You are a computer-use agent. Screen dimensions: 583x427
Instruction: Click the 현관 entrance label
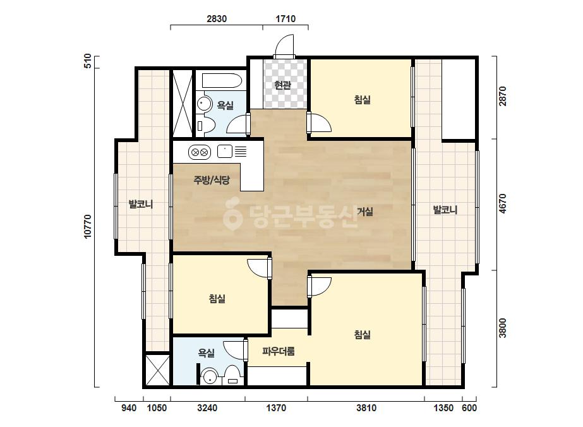(x=282, y=85)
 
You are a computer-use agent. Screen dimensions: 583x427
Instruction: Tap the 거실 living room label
(x=364, y=212)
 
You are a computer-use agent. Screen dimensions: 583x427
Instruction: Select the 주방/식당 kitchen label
(x=212, y=180)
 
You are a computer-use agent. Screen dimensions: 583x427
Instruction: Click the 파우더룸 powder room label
(x=279, y=351)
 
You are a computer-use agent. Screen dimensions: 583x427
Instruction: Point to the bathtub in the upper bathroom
(x=222, y=80)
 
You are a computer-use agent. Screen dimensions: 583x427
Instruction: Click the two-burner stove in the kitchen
(x=200, y=152)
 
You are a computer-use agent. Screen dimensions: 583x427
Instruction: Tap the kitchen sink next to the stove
(x=225, y=152)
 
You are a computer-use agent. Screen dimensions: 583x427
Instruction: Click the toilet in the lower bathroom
(x=232, y=375)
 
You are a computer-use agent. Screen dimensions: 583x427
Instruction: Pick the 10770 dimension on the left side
(x=88, y=227)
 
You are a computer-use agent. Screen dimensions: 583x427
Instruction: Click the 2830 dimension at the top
(x=217, y=18)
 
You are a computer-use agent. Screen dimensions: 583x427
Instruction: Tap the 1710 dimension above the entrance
(x=285, y=18)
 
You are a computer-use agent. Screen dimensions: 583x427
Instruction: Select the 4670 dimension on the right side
(x=502, y=204)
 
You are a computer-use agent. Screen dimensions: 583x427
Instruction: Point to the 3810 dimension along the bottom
(x=366, y=408)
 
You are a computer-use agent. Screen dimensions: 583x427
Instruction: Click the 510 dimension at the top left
(x=88, y=61)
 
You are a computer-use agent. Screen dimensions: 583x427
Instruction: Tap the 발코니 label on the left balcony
(x=141, y=204)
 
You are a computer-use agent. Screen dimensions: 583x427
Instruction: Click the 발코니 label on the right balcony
(x=445, y=210)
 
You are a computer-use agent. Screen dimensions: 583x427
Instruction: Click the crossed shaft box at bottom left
(x=157, y=370)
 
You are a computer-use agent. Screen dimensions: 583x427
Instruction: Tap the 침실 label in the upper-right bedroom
(x=362, y=100)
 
